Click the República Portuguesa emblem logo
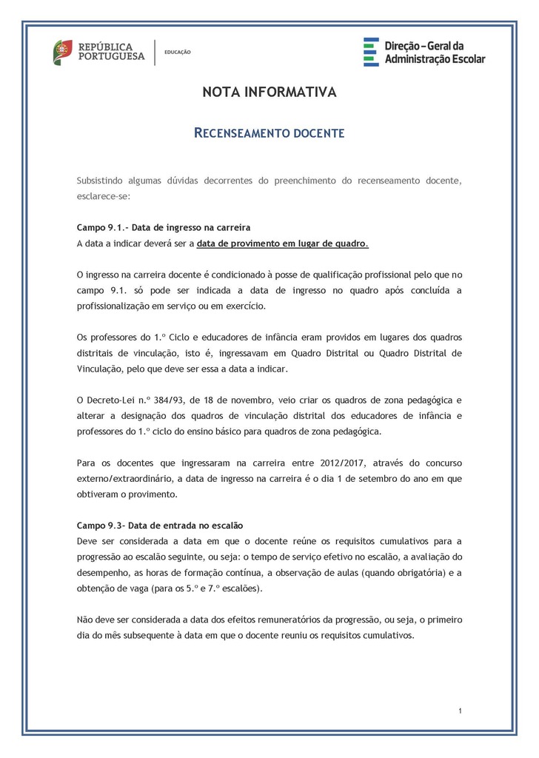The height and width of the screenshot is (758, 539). (x=62, y=52)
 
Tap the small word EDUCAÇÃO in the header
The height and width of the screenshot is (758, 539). (x=178, y=52)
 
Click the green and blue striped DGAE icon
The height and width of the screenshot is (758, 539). (x=371, y=52)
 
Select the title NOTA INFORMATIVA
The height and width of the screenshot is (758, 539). (x=269, y=93)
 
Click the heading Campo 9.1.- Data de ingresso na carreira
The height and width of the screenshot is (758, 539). (x=164, y=227)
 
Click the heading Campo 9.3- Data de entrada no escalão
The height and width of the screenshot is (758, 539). (x=160, y=526)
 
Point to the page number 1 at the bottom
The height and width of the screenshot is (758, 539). (x=460, y=711)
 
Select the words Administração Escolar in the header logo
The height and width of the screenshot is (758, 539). (x=435, y=58)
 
